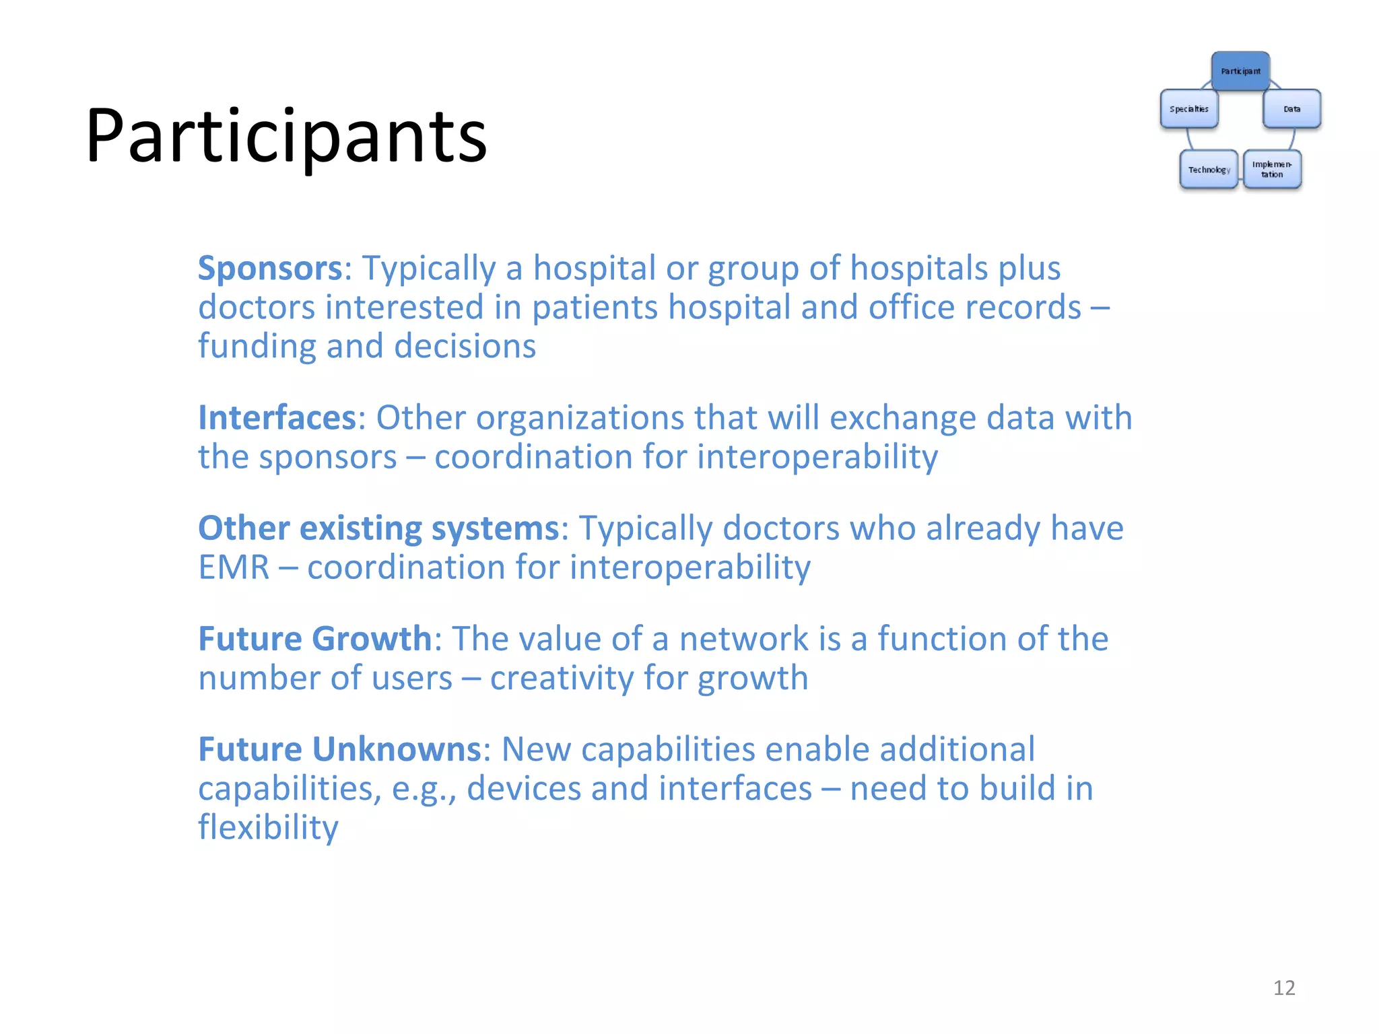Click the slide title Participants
coord(286,137)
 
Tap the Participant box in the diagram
coord(1240,71)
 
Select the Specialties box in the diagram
coord(1189,108)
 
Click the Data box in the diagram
coord(1291,108)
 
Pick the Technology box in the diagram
coord(1209,169)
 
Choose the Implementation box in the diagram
coord(1272,169)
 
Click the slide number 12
coord(1284,988)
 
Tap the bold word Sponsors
coord(270,268)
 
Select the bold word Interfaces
coord(277,417)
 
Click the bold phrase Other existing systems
coord(378,528)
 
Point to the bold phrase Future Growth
coord(314,638)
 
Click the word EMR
coord(234,567)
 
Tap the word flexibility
coord(268,827)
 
